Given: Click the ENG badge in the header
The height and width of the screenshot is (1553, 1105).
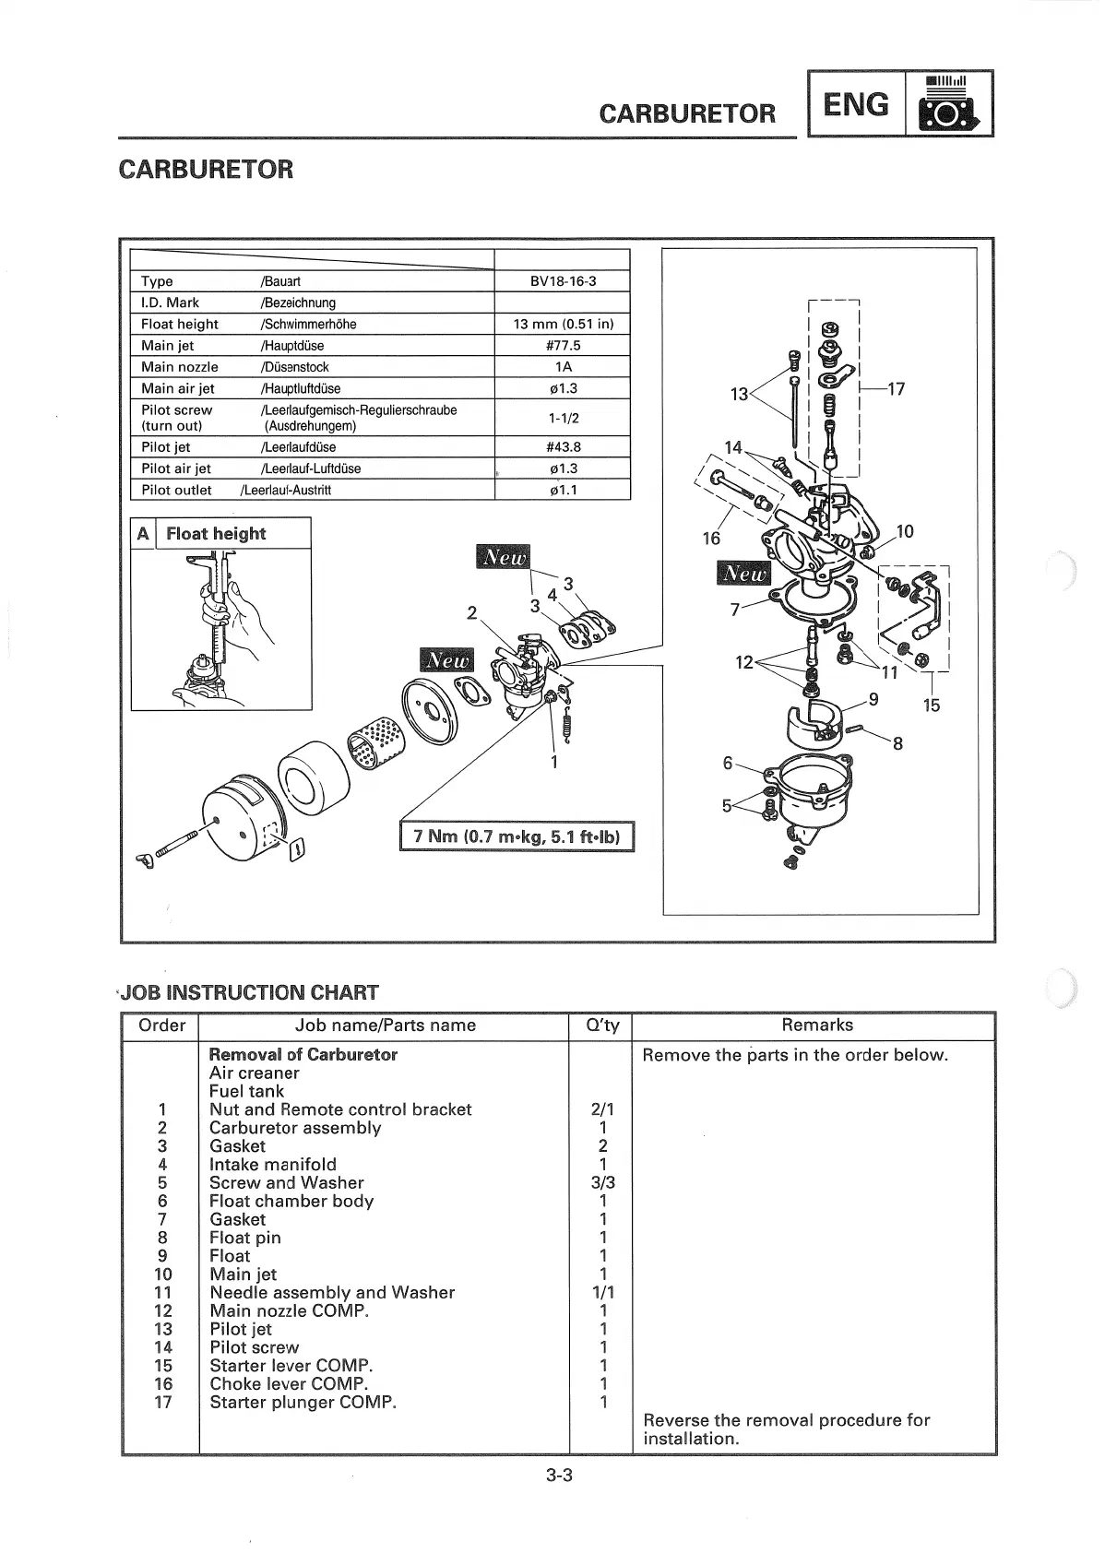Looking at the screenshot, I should [856, 104].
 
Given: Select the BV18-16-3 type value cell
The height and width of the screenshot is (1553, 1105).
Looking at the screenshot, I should [563, 281].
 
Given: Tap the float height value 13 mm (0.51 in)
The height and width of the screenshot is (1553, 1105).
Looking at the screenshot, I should [563, 324].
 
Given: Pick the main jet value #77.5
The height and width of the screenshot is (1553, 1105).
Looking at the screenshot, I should [563, 346].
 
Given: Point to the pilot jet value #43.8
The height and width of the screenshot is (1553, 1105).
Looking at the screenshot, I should [563, 447].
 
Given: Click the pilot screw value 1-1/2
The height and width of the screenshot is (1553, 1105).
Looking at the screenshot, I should [563, 418].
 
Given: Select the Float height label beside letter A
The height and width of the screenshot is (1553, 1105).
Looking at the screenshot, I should [216, 534].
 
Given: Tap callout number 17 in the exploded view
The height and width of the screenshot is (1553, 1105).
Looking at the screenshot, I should [895, 389].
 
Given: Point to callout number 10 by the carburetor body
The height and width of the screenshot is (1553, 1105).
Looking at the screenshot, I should [905, 531].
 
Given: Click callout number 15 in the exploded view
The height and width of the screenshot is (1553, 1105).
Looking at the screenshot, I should [931, 706].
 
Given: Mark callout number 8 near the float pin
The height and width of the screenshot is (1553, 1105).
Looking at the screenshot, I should [897, 743].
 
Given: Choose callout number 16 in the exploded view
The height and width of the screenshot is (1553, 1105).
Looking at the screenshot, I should [711, 538].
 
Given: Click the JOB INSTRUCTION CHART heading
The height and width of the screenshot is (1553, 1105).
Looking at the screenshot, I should [249, 993].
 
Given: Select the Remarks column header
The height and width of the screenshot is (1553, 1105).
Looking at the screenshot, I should [816, 1025].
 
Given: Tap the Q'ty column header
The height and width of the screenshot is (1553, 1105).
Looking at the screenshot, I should [603, 1025].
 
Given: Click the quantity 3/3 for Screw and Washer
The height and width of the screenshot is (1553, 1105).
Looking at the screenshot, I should [603, 1182].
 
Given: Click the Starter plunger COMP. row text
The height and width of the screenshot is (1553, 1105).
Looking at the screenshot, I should [303, 1403].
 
